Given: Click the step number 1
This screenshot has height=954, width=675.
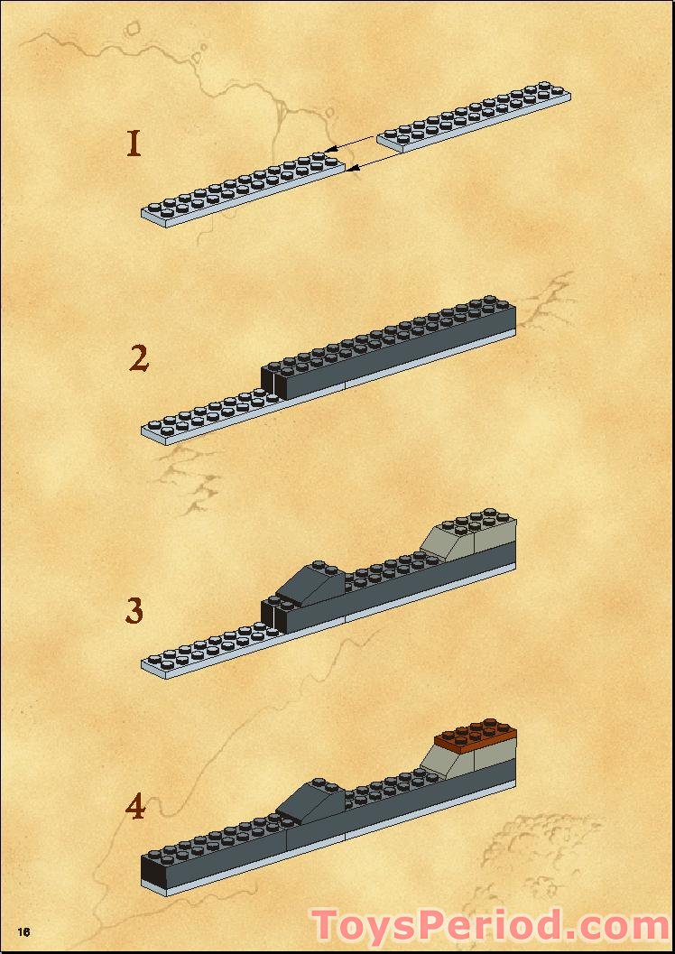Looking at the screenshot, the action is [134, 144].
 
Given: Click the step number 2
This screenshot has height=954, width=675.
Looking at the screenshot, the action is [139, 358].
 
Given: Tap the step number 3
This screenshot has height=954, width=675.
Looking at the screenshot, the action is [134, 610].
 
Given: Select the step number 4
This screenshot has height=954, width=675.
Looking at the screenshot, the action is [135, 807].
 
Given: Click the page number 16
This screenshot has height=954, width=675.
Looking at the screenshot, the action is [23, 931].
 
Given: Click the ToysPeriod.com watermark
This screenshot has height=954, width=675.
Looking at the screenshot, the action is [490, 926].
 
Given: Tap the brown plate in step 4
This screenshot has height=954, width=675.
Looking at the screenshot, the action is [476, 736].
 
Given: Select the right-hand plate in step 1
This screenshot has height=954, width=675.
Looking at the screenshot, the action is [474, 116].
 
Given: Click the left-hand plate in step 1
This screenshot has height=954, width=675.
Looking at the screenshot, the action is [244, 190].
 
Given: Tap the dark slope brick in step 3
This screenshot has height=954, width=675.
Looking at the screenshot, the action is [310, 583].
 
